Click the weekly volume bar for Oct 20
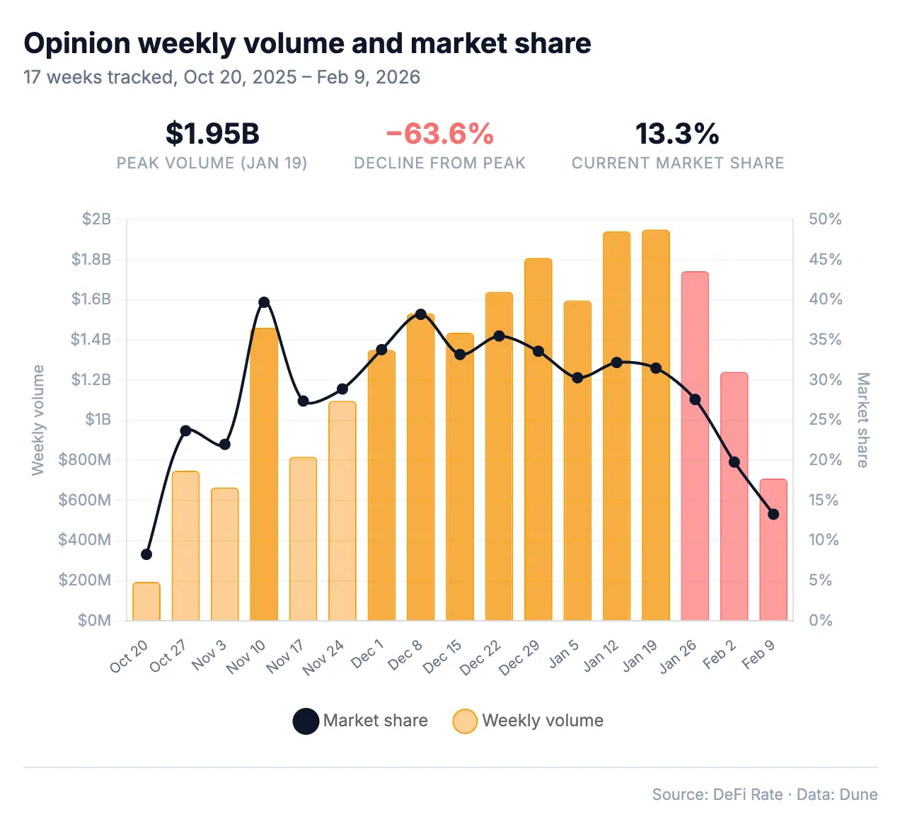146,602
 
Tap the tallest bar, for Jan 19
656,425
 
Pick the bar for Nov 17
303,539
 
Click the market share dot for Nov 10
264,302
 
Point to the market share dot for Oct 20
146,554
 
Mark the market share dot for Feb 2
734,462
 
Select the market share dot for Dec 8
421,314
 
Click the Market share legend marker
306,721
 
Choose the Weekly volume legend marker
465,721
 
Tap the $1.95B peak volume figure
212,134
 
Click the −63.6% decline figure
439,134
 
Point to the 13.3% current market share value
677,134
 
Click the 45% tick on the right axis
826,260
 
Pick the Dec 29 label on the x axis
520,658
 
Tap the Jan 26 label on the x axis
679,657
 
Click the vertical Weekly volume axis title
38,420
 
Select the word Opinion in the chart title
77,44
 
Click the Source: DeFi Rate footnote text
717,794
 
